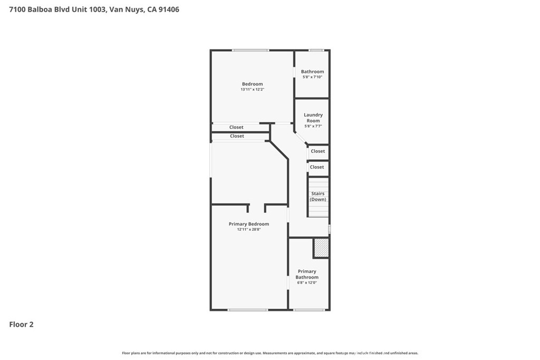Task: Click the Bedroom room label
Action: [252, 84]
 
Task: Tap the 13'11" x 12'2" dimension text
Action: [252, 90]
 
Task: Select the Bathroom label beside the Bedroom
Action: [312, 72]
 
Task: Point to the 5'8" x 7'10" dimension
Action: [312, 77]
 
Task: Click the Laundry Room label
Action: [313, 118]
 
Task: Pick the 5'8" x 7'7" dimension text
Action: [313, 127]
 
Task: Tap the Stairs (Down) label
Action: [318, 197]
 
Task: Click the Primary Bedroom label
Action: [249, 224]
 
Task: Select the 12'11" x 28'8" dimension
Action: [249, 230]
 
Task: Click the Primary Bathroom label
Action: [307, 274]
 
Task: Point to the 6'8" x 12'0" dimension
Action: [307, 283]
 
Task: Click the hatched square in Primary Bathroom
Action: [321, 248]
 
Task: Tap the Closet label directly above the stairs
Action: [317, 167]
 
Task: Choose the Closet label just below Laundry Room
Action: [317, 151]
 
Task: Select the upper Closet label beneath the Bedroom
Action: [236, 128]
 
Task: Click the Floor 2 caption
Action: [21, 325]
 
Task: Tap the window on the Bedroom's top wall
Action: [250, 51]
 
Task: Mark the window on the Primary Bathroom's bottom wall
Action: [309, 310]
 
